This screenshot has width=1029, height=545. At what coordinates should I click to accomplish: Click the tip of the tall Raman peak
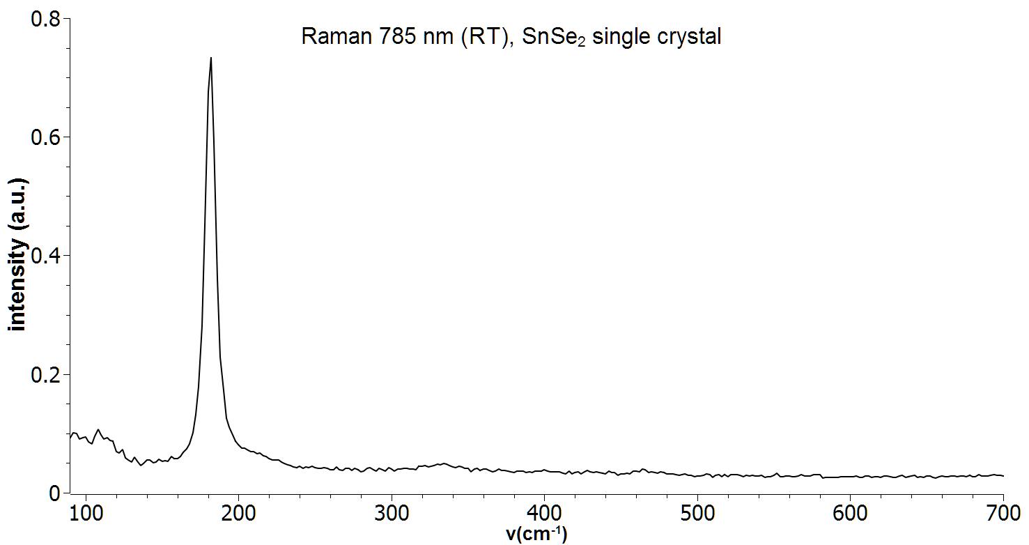(210, 59)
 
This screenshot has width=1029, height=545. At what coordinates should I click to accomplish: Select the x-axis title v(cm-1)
(537, 534)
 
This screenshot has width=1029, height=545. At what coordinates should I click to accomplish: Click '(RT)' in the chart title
(480, 36)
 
